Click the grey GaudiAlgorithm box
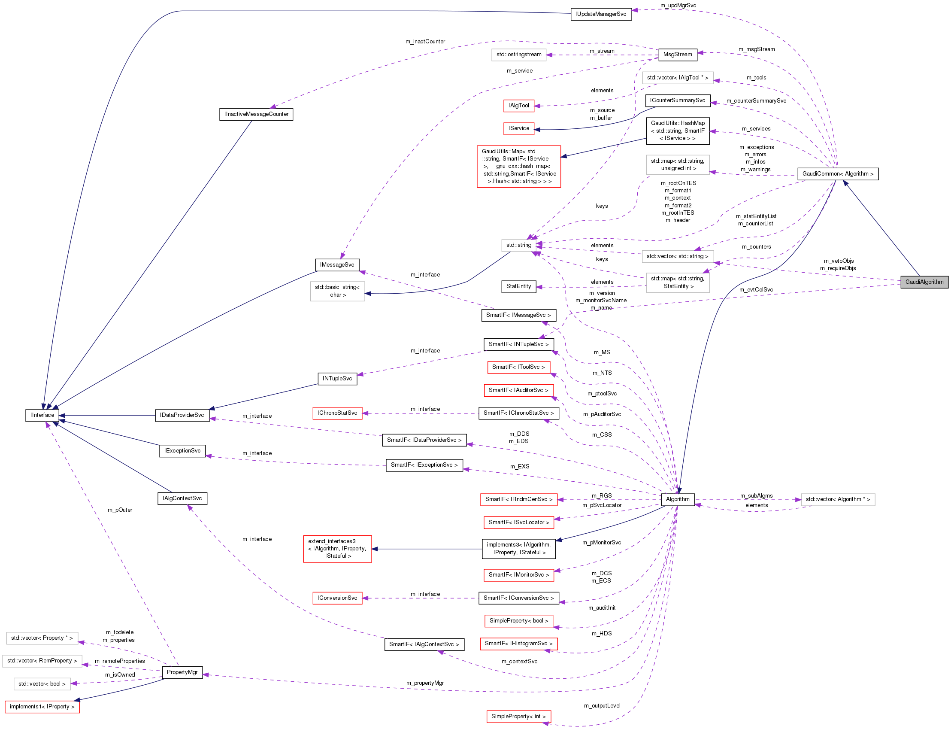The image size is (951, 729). (x=924, y=282)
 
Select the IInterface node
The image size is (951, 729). (x=42, y=415)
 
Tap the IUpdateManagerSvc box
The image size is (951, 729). (x=601, y=14)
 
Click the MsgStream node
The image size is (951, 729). (x=677, y=55)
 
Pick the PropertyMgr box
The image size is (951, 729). (x=182, y=672)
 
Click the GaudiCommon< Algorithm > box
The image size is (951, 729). (x=837, y=174)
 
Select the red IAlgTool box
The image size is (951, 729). (x=519, y=106)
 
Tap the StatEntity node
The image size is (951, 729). (x=518, y=286)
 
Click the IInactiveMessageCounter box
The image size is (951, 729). (x=256, y=114)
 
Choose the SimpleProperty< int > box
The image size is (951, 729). (x=518, y=717)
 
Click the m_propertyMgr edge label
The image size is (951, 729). (x=424, y=683)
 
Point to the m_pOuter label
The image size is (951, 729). (x=120, y=510)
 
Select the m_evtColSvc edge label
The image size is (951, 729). (x=756, y=290)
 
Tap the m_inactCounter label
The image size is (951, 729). (x=425, y=42)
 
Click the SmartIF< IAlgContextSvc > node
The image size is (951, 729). (x=424, y=644)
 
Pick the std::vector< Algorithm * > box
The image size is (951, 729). (x=837, y=499)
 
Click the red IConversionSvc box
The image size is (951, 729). (x=337, y=598)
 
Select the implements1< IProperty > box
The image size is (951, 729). (x=42, y=707)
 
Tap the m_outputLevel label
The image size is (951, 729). (x=602, y=705)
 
